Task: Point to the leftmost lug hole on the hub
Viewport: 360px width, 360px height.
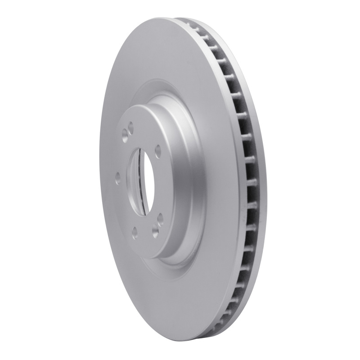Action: coord(117,176)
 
